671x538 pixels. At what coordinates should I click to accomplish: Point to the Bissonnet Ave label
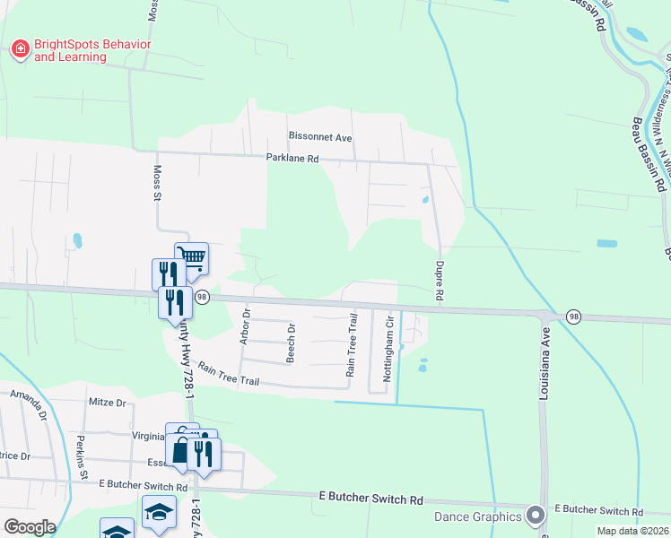click(320, 136)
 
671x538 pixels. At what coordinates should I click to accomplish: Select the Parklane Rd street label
click(292, 159)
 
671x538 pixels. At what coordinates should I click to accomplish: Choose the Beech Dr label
click(291, 343)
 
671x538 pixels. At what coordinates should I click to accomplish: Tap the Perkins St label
click(81, 455)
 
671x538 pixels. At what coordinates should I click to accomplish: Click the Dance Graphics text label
click(477, 516)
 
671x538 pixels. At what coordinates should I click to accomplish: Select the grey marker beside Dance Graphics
click(536, 516)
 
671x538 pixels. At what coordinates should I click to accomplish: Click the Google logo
click(29, 527)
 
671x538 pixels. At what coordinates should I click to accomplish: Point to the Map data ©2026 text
click(632, 531)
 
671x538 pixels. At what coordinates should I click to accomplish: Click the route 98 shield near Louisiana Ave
click(572, 317)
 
